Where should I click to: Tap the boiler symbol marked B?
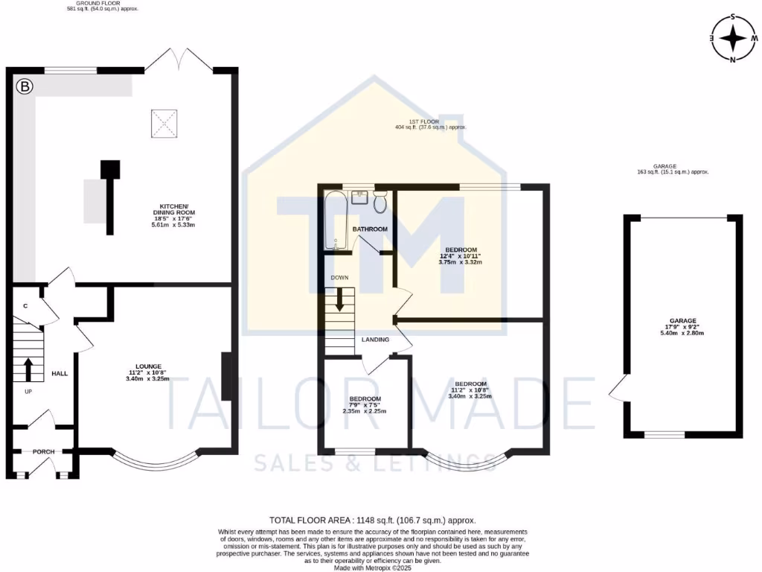(25, 87)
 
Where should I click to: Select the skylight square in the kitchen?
(164, 124)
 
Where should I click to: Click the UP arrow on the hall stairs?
(28, 369)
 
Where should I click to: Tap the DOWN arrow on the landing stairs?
(339, 299)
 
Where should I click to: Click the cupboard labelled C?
(25, 305)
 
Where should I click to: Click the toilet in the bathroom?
(380, 202)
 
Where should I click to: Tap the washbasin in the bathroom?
(359, 197)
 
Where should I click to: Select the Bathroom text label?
(369, 229)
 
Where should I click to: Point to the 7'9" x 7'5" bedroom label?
(364, 404)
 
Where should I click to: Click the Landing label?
(375, 340)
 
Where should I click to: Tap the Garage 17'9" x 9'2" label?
(682, 326)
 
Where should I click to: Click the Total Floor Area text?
(372, 520)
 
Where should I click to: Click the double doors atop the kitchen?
(179, 60)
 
